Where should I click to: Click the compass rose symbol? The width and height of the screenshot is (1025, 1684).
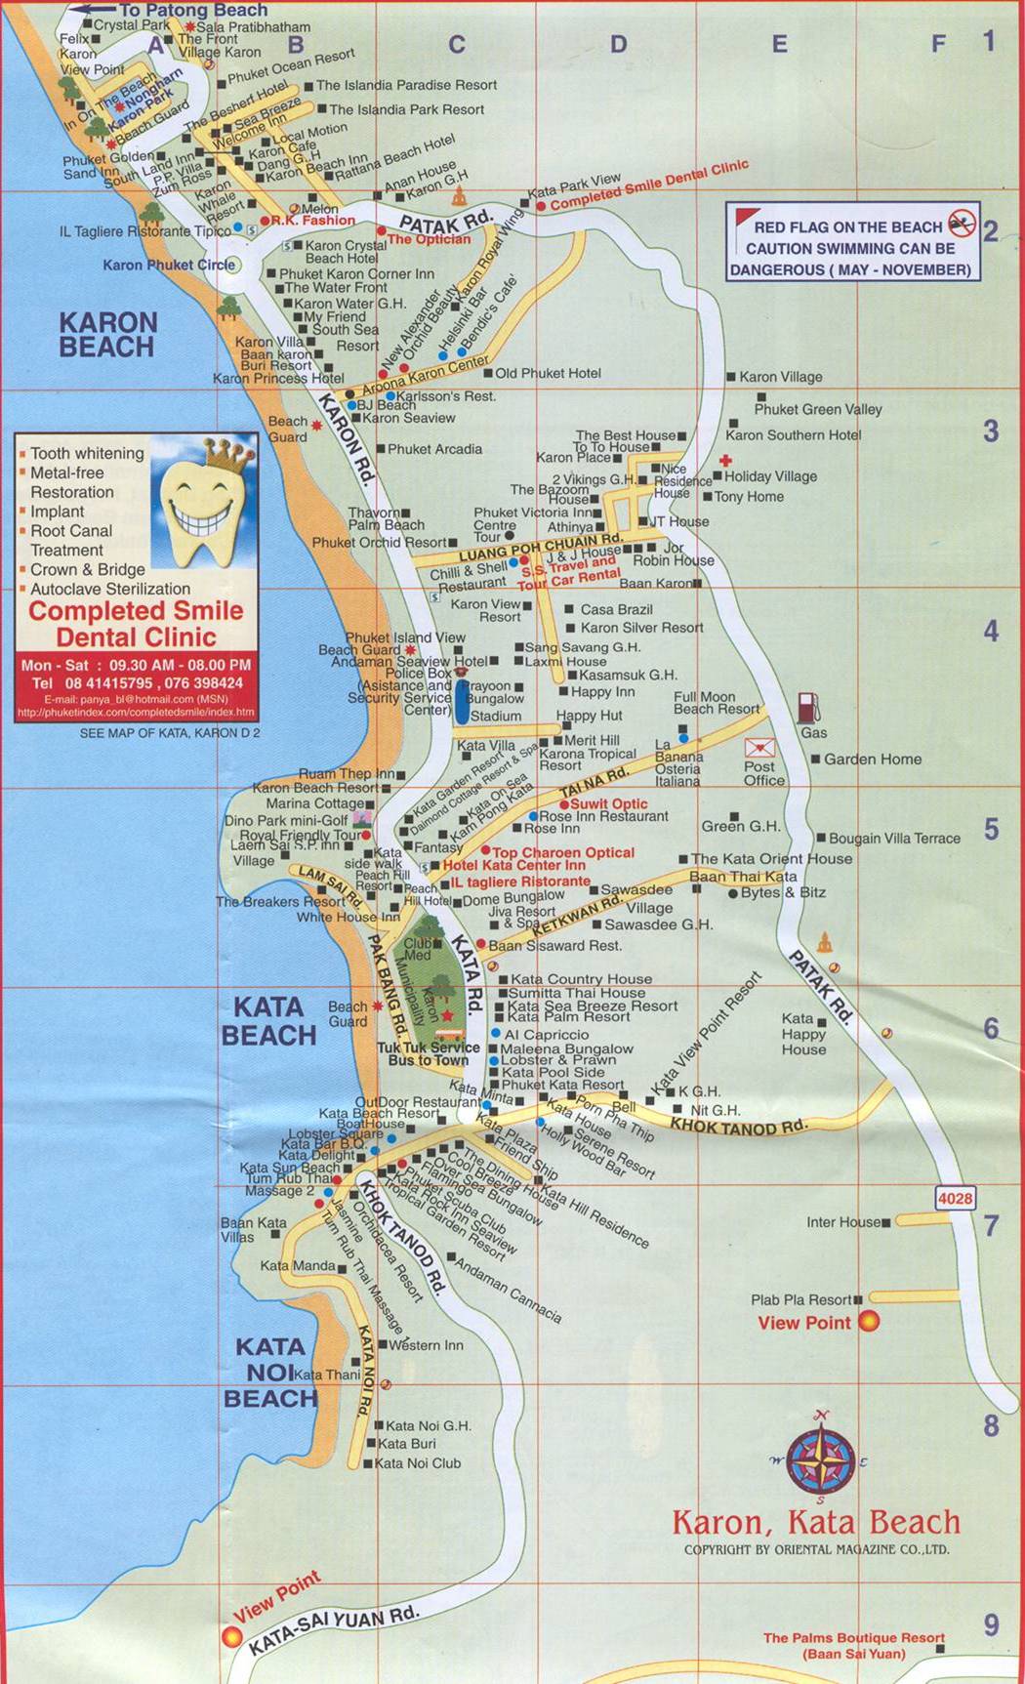pyautogui.click(x=823, y=1458)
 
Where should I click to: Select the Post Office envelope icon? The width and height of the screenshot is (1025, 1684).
pyautogui.click(x=759, y=748)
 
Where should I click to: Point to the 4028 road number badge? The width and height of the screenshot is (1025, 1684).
pyautogui.click(x=955, y=1198)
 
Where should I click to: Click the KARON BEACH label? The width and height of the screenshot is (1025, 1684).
pyautogui.click(x=106, y=335)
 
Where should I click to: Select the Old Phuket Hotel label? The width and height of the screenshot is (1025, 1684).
pyautogui.click(x=548, y=373)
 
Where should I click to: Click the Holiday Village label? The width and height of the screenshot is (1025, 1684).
pyautogui.click(x=770, y=476)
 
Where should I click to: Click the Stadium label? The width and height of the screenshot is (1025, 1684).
pyautogui.click(x=496, y=716)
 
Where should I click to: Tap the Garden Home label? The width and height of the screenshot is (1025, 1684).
pyautogui.click(x=873, y=759)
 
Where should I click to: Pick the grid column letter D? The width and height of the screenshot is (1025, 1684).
pyautogui.click(x=618, y=44)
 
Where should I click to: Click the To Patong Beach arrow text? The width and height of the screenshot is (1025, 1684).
pyautogui.click(x=192, y=10)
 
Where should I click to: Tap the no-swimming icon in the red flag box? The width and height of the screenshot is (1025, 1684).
pyautogui.click(x=962, y=223)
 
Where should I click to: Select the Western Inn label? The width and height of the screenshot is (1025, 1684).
pyautogui.click(x=427, y=1345)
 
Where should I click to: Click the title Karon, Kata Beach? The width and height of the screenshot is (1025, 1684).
pyautogui.click(x=816, y=1522)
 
